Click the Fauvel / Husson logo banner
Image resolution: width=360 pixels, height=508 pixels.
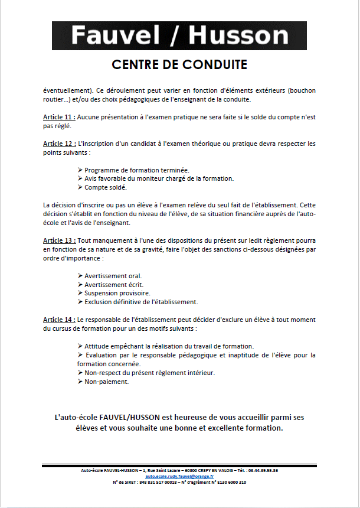point(179,35)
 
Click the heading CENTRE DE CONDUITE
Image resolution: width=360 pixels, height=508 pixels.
point(179,64)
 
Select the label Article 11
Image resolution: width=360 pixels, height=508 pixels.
point(59,118)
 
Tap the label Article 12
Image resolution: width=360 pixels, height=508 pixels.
point(59,144)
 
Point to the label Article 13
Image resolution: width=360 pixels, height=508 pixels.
point(59,240)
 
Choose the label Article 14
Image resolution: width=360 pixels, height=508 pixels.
point(59,320)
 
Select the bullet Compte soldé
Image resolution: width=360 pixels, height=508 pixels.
point(106,187)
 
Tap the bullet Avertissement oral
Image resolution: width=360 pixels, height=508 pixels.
point(113,276)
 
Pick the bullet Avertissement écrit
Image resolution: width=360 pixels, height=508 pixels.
point(114,285)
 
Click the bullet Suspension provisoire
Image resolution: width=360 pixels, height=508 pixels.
point(117,293)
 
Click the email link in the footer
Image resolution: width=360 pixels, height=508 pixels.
point(179,476)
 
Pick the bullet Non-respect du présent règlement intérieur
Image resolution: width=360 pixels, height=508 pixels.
point(149,373)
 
